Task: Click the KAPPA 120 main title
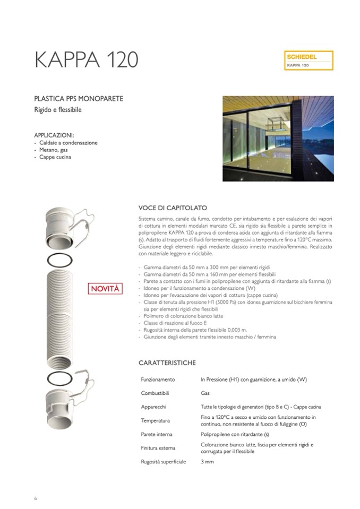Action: (x=86, y=60)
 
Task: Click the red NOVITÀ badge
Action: (x=106, y=289)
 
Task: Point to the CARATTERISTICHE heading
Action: (x=167, y=363)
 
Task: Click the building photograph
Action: (x=278, y=138)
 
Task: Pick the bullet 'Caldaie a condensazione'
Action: (x=67, y=143)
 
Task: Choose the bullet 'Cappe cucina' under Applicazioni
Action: (x=54, y=158)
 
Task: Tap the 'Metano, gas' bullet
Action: (x=54, y=150)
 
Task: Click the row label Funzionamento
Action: (x=158, y=380)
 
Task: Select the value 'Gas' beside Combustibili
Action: (x=205, y=394)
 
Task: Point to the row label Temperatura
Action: (x=156, y=421)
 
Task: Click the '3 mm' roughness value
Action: (x=207, y=462)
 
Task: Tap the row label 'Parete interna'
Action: (x=157, y=435)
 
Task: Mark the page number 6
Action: (x=35, y=498)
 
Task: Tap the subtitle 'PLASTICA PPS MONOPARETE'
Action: (x=79, y=99)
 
